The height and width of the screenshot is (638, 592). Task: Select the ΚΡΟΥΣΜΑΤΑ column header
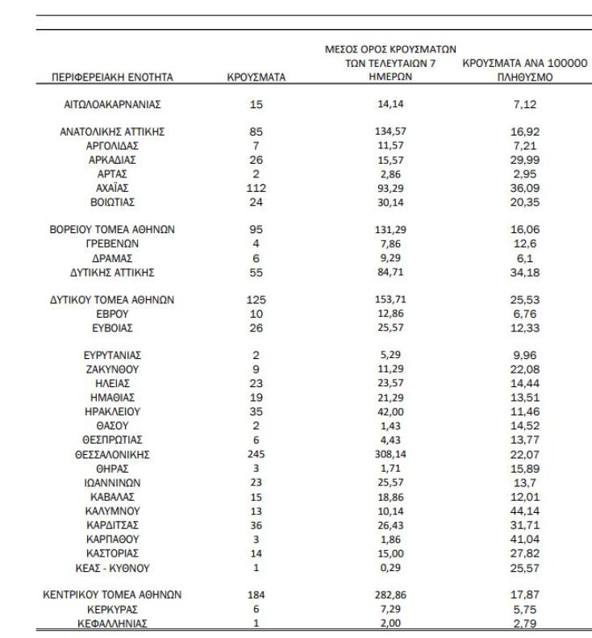tap(256, 78)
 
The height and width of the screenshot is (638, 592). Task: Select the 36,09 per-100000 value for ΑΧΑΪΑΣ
tap(524, 188)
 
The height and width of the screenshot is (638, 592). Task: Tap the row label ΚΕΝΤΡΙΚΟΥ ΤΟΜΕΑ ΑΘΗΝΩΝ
tap(112, 595)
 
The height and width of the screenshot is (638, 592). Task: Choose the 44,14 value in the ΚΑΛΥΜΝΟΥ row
tap(524, 511)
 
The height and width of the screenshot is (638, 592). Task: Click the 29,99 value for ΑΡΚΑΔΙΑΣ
tap(524, 160)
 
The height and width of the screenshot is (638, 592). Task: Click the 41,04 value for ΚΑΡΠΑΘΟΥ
tap(524, 539)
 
